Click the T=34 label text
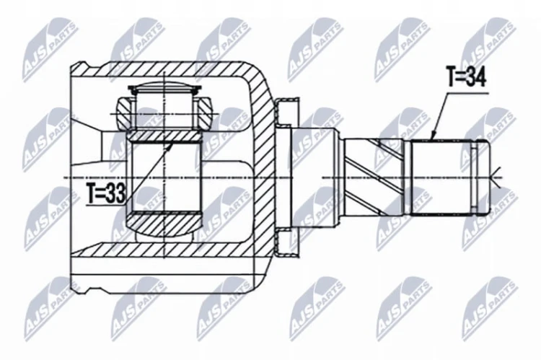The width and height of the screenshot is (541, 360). coord(466,77)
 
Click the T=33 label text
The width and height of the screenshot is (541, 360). coord(105,193)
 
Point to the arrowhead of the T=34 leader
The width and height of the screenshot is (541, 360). coord(434,136)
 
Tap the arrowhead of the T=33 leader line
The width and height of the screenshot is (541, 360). coord(172,146)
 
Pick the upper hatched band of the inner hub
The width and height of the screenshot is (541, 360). coord(164,136)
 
